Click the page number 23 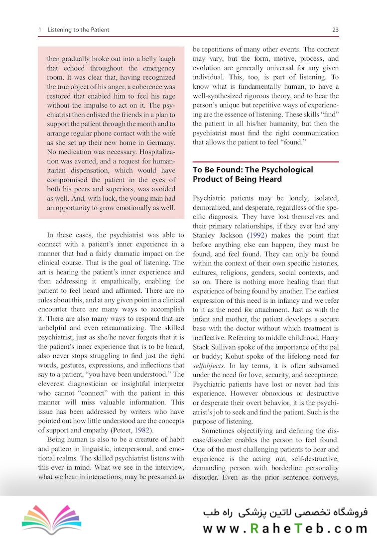pos(335,30)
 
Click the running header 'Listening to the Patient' pos(78,30)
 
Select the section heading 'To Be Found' pos(252,174)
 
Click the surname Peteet pos(115,430)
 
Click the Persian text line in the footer pos(285,512)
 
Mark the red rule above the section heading pos(265,162)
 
